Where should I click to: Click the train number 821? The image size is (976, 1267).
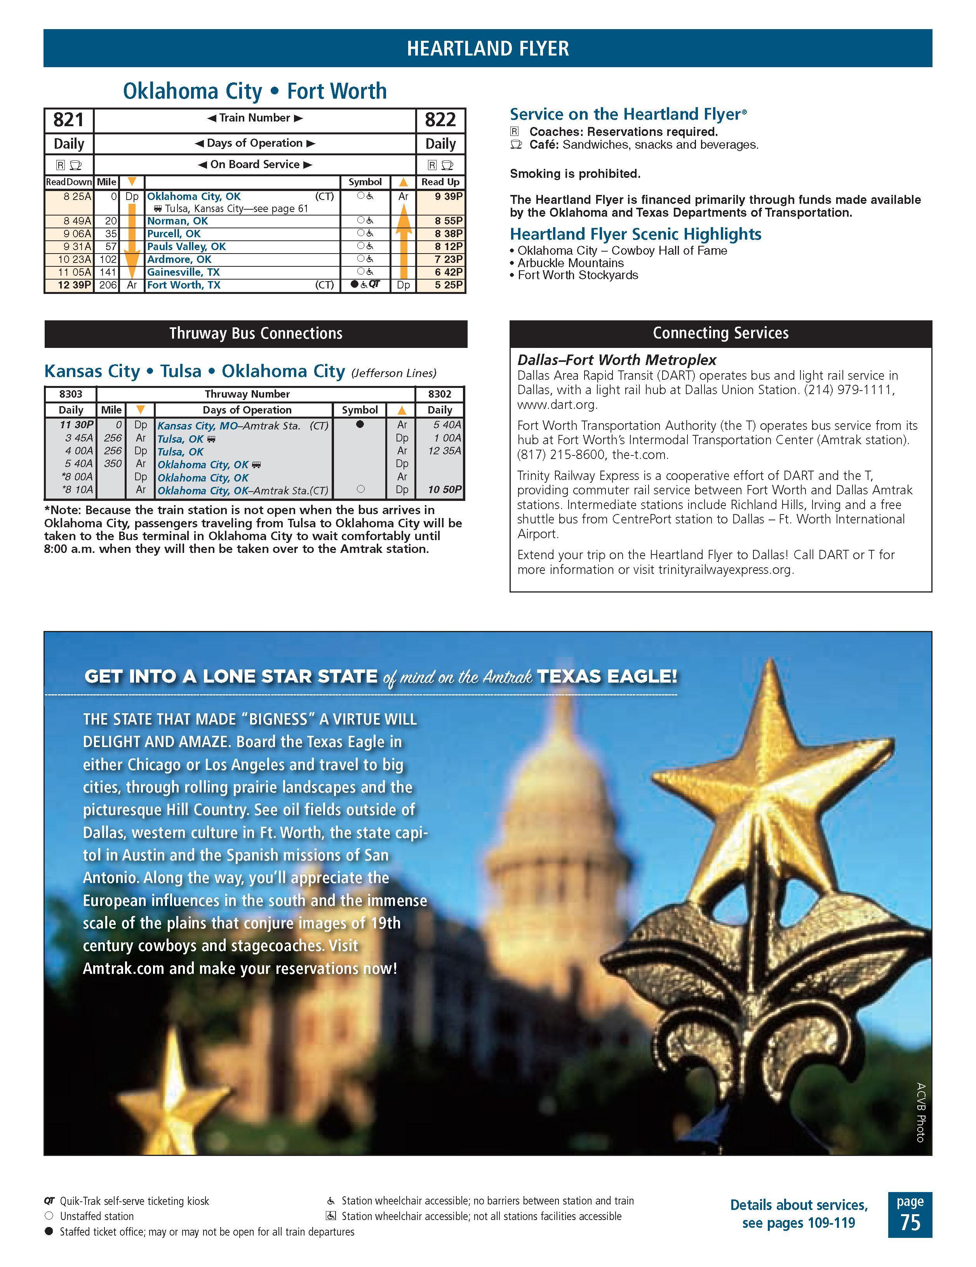(x=68, y=120)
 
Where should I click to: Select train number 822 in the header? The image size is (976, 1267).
(x=440, y=120)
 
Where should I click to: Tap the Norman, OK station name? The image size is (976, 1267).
(x=177, y=221)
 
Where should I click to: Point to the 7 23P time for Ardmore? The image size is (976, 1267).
(x=449, y=259)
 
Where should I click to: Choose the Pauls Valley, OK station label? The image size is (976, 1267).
(x=186, y=247)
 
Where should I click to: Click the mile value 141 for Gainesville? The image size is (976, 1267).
(x=108, y=272)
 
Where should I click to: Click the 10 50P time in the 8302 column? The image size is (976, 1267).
(x=445, y=490)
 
